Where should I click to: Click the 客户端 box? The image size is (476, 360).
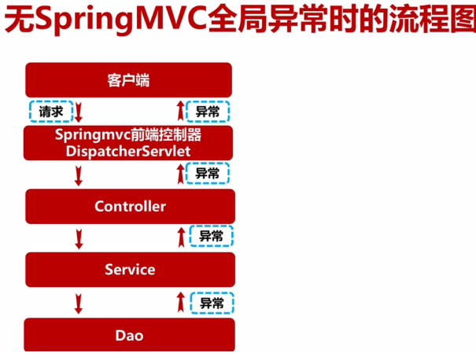pos(128,80)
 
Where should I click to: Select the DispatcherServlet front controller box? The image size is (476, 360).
pos(128,141)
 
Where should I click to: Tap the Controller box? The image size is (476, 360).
pos(130,206)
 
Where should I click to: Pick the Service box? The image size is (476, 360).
pos(130,270)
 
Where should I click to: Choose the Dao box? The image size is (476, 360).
pos(130,335)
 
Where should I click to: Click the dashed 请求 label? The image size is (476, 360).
pos(51,112)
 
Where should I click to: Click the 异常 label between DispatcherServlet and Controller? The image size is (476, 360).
pos(208,173)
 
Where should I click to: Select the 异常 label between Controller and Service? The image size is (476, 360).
pos(211,236)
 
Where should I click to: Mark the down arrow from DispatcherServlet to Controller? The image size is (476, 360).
pos(79,174)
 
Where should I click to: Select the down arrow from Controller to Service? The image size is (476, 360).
pos(79,237)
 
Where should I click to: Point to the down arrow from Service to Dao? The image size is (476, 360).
pos(79,302)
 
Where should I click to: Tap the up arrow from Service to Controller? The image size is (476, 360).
pos(180,236)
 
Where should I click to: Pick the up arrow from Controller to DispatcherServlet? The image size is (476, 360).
pos(180,173)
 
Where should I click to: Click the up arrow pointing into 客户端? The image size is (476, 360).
pos(180,110)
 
